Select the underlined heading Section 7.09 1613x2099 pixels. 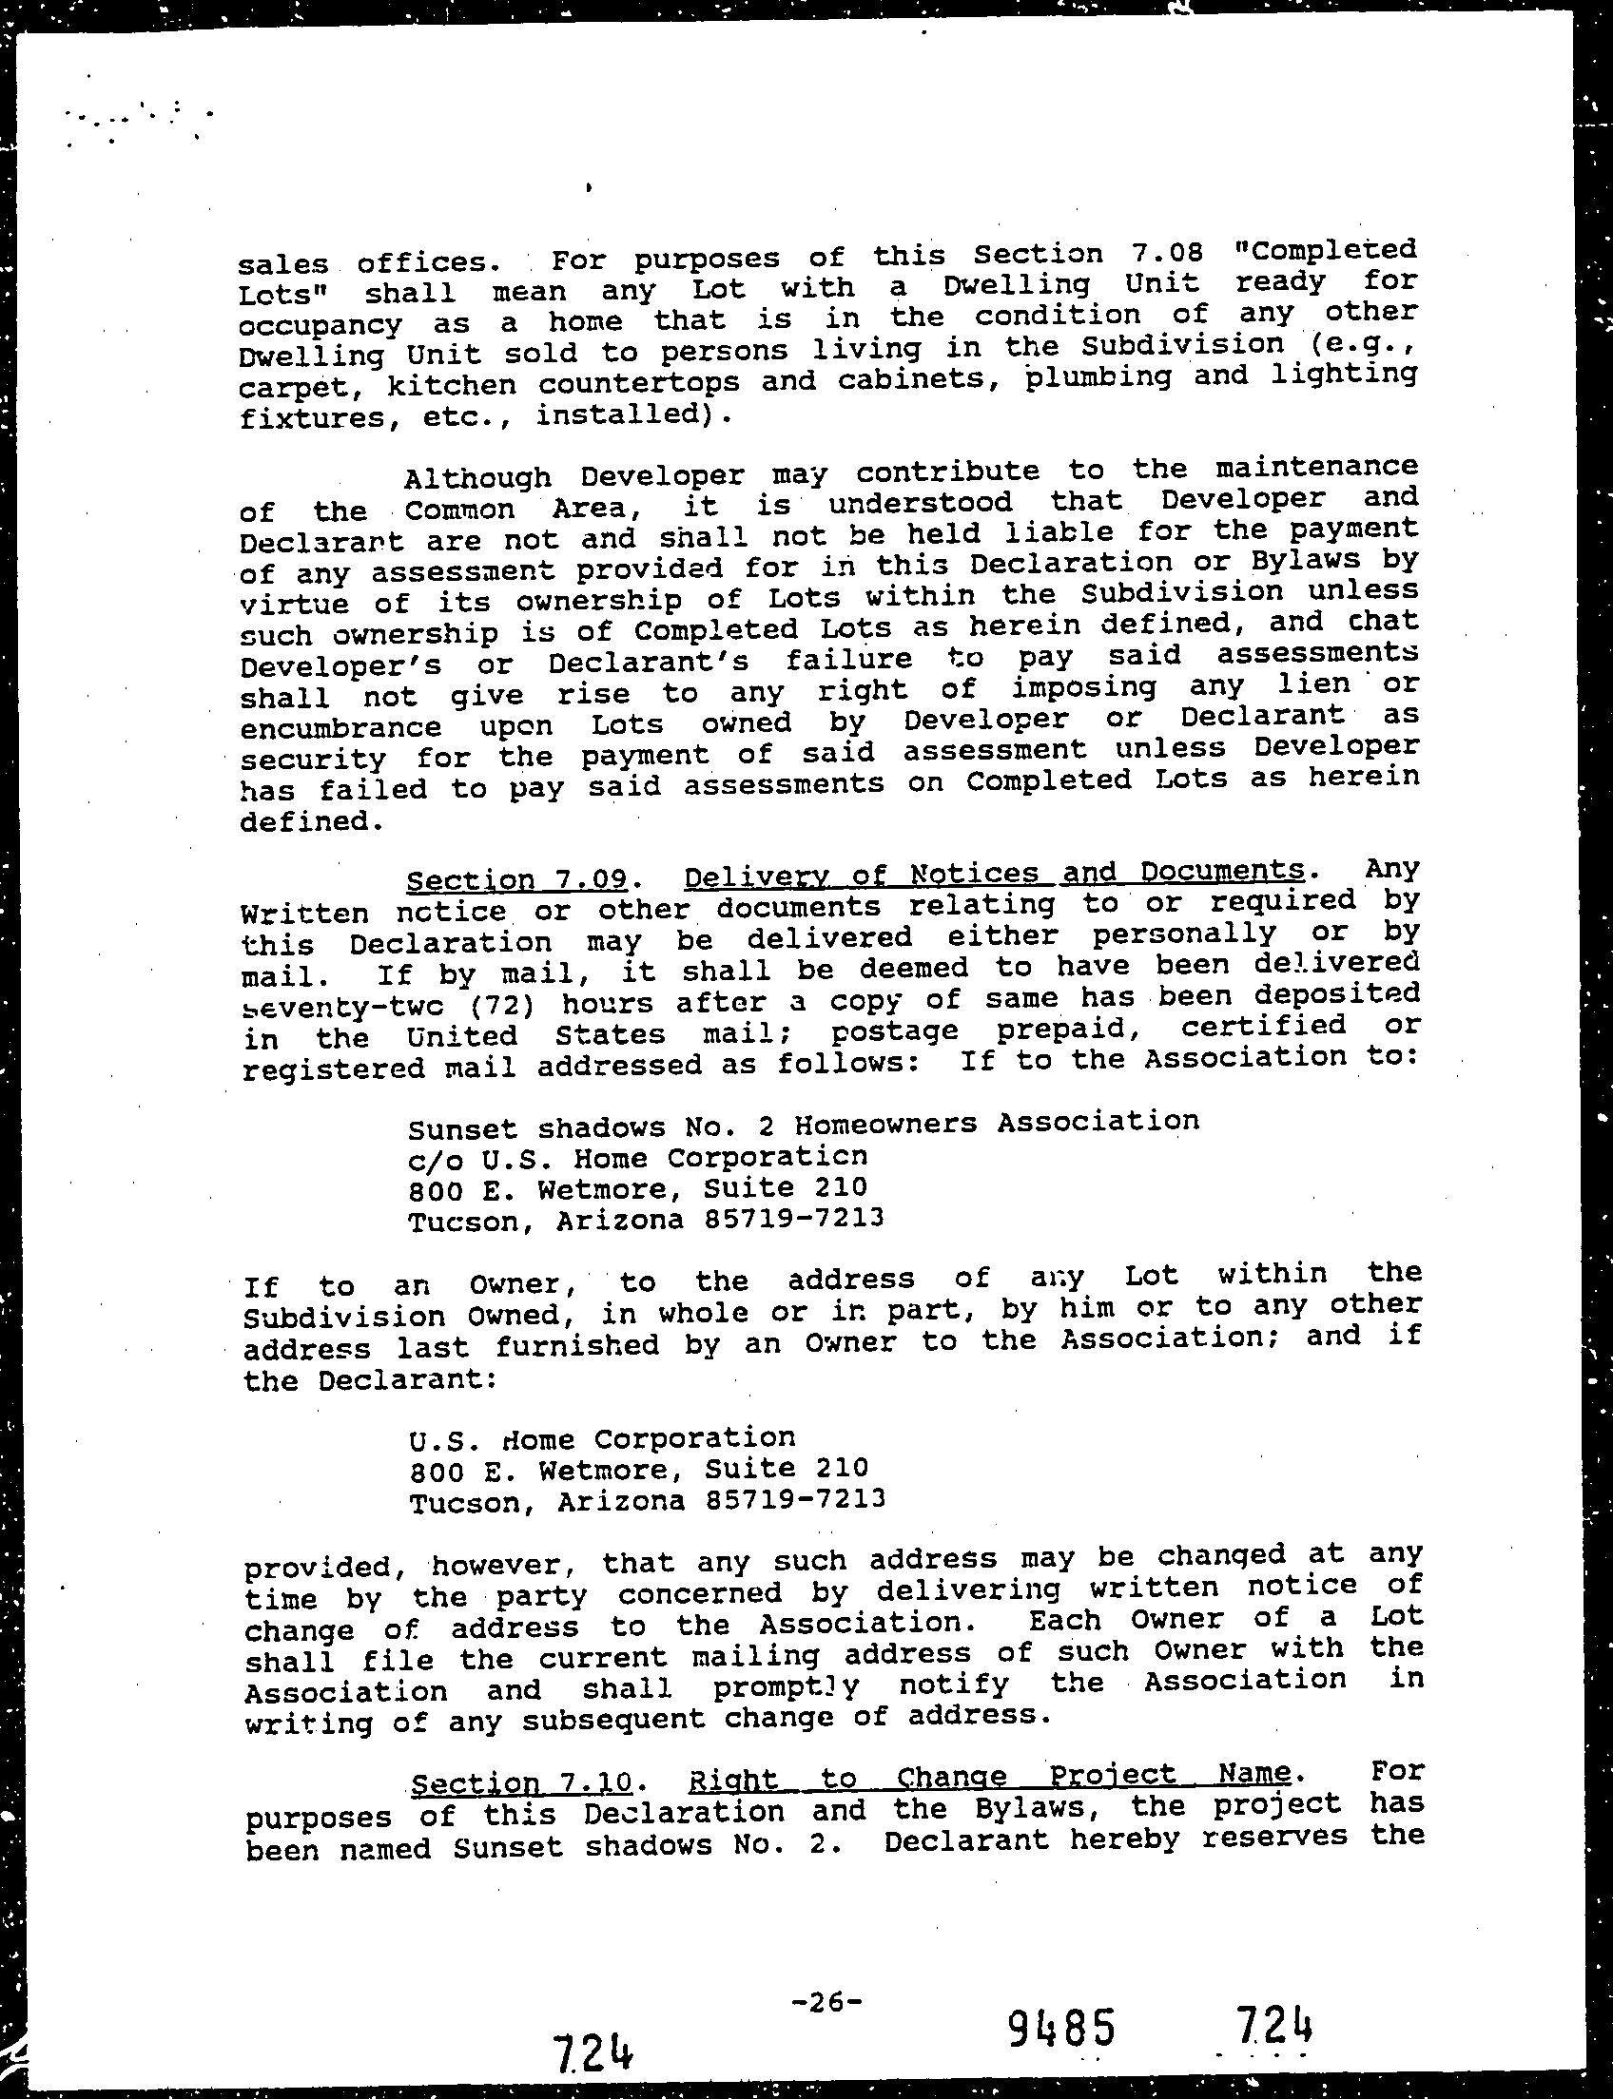[x=517, y=879]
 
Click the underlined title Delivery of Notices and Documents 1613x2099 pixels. [x=994, y=874]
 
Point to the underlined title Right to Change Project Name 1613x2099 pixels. [x=989, y=1777]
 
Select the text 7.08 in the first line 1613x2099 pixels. [x=1160, y=254]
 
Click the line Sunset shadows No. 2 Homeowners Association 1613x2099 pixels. [x=803, y=1123]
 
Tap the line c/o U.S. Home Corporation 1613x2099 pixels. [x=637, y=1158]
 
